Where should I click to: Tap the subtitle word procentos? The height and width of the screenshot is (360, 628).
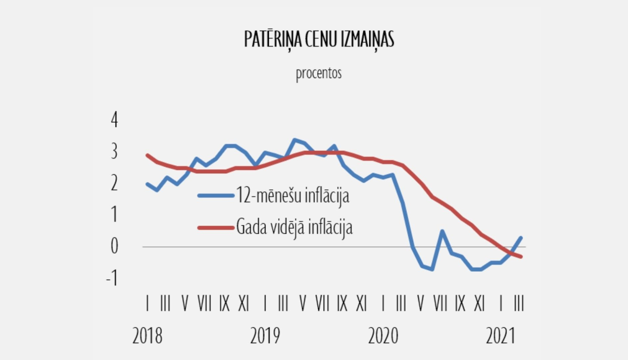pos(319,74)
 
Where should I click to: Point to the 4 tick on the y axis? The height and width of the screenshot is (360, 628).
pos(114,120)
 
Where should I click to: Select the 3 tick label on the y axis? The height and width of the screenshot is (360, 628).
pos(114,151)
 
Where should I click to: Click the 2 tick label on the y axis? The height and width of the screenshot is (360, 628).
pos(114,183)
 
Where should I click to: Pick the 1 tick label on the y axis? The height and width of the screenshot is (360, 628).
pos(114,214)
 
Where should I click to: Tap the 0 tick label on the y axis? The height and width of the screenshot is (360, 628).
pos(114,246)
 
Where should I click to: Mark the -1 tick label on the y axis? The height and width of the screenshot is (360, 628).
pos(112,278)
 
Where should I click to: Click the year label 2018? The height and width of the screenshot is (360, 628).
pos(147,336)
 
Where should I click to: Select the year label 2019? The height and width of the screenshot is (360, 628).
pos(265,336)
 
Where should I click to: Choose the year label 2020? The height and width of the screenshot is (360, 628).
pos(383,336)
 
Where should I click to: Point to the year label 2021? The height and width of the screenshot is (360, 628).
pos(500,336)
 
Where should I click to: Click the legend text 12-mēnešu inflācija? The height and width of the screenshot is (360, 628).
pos(293,195)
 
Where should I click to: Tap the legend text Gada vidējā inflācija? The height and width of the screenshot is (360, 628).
pos(294,227)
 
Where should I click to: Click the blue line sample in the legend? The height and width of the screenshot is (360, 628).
pos(216,195)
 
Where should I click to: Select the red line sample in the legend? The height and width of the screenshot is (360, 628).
pos(216,228)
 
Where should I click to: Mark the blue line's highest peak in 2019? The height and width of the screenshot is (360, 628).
pos(294,140)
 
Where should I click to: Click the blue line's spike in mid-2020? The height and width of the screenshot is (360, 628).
pos(442,231)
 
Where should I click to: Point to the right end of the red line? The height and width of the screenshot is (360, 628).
pos(521,257)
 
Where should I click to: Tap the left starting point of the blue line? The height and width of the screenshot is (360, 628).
pos(147,184)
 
